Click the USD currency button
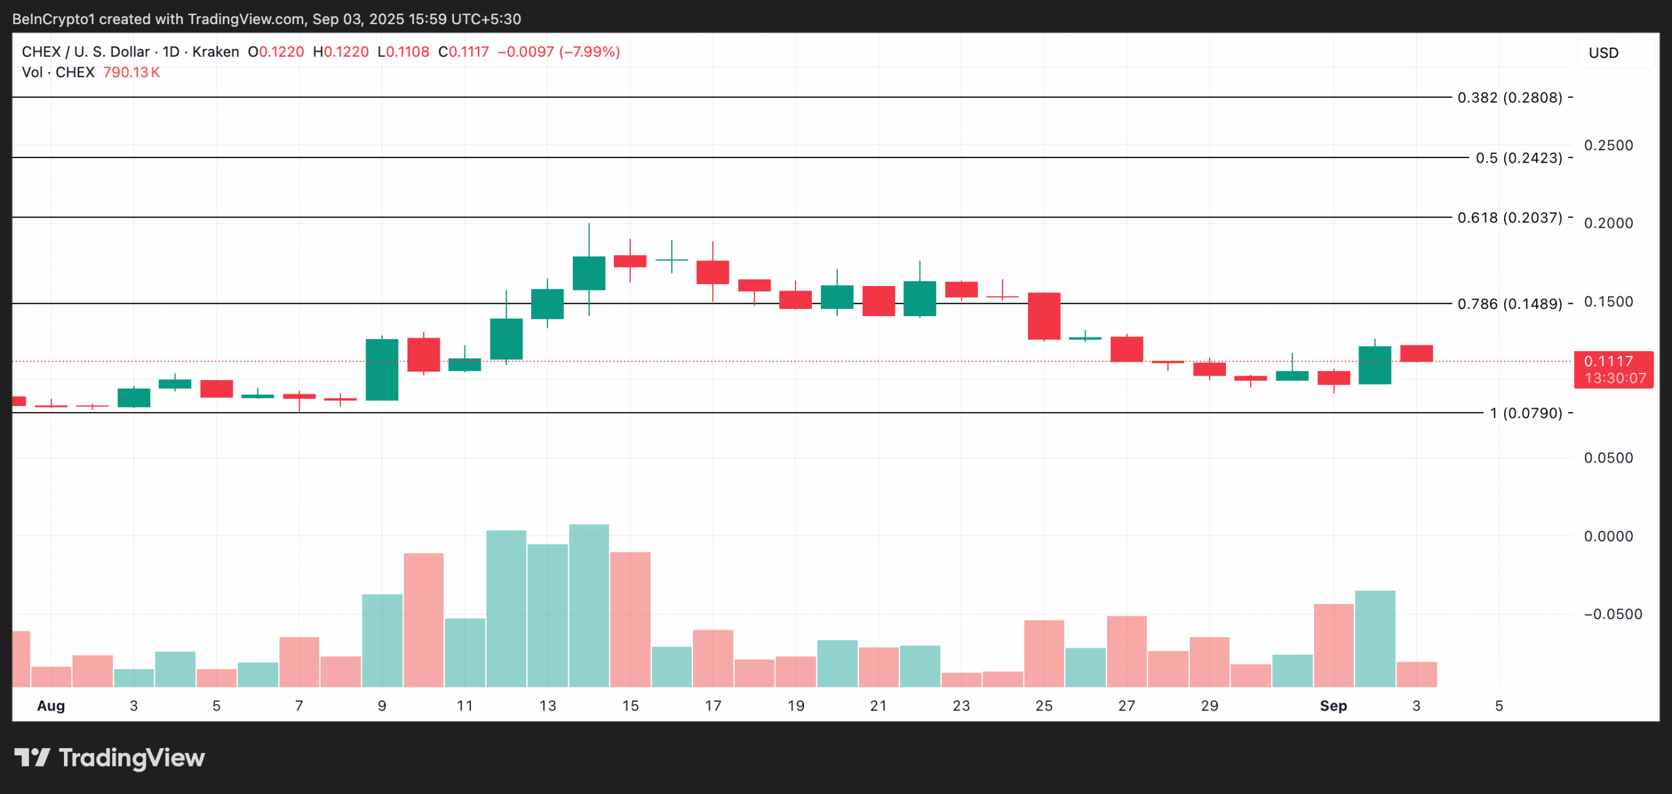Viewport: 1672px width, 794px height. (1603, 53)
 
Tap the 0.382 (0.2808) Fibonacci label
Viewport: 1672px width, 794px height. (1509, 98)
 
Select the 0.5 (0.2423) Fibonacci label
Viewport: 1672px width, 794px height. (1519, 158)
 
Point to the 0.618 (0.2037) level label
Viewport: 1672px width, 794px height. (1509, 217)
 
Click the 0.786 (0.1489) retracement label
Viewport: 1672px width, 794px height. (1509, 304)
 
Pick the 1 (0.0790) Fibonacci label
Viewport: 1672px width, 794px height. (1526, 413)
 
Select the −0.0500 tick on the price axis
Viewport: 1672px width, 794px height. (1613, 614)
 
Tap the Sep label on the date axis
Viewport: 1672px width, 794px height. (1333, 706)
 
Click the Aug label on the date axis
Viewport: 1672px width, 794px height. (51, 706)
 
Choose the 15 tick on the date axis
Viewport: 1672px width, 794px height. (630, 706)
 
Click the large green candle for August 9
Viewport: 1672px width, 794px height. (382, 370)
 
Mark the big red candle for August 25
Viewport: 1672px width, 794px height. (1044, 316)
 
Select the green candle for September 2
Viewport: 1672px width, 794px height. (1375, 365)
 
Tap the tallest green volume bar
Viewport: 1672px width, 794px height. (589, 605)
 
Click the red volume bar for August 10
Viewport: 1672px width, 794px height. (423, 620)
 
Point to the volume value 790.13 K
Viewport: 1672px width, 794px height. (131, 72)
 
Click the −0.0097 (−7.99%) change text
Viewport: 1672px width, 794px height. (558, 52)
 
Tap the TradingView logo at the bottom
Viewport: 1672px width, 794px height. (110, 757)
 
